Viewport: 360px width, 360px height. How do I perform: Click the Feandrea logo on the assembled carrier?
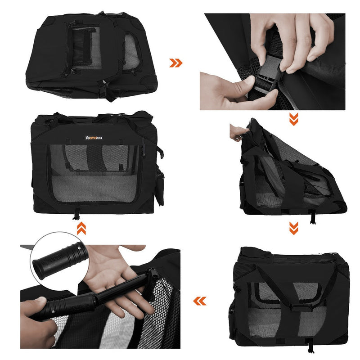(95, 138)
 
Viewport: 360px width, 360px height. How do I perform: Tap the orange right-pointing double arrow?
(176, 63)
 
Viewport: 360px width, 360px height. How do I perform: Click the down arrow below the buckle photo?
(293, 119)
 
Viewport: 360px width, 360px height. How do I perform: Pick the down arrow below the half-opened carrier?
(293, 228)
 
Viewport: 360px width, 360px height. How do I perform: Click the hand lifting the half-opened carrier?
(238, 132)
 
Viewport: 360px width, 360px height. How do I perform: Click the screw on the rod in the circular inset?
(79, 246)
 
